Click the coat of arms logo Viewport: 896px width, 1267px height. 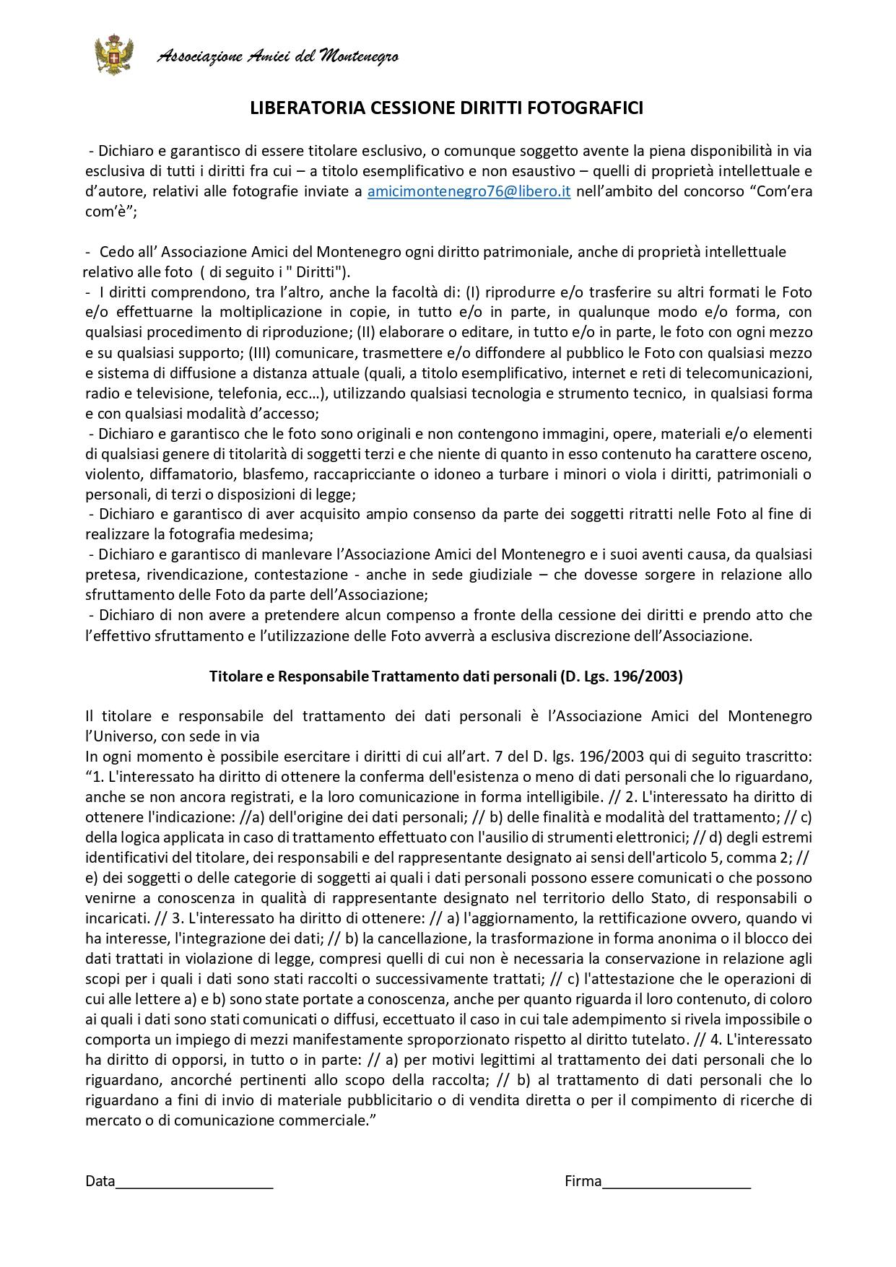114,55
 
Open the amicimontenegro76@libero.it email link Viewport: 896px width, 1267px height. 469,192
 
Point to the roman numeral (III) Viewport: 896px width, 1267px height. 259,353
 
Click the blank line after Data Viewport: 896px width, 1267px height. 194,1181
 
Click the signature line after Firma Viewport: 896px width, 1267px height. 677,1181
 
